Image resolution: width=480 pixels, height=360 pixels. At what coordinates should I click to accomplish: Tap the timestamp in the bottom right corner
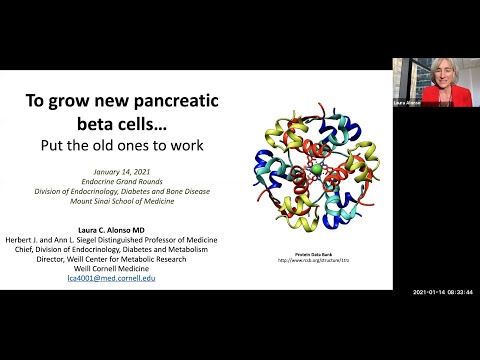[x=444, y=293]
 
